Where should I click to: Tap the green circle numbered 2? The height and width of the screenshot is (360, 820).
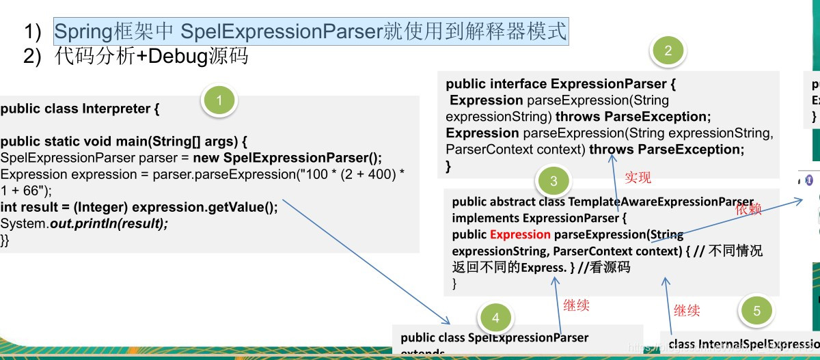click(x=668, y=51)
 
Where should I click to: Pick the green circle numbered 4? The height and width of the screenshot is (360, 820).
click(x=496, y=318)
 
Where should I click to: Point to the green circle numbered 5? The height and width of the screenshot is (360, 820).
click(x=756, y=311)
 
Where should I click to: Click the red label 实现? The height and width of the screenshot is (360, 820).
click(x=638, y=178)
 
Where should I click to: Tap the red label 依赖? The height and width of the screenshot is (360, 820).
click(x=748, y=210)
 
